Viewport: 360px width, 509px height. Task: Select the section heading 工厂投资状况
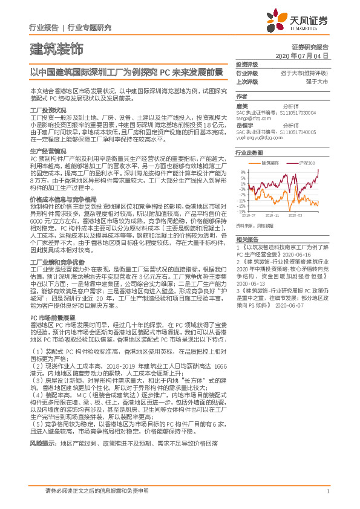48,110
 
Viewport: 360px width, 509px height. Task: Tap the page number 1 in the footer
327,490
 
